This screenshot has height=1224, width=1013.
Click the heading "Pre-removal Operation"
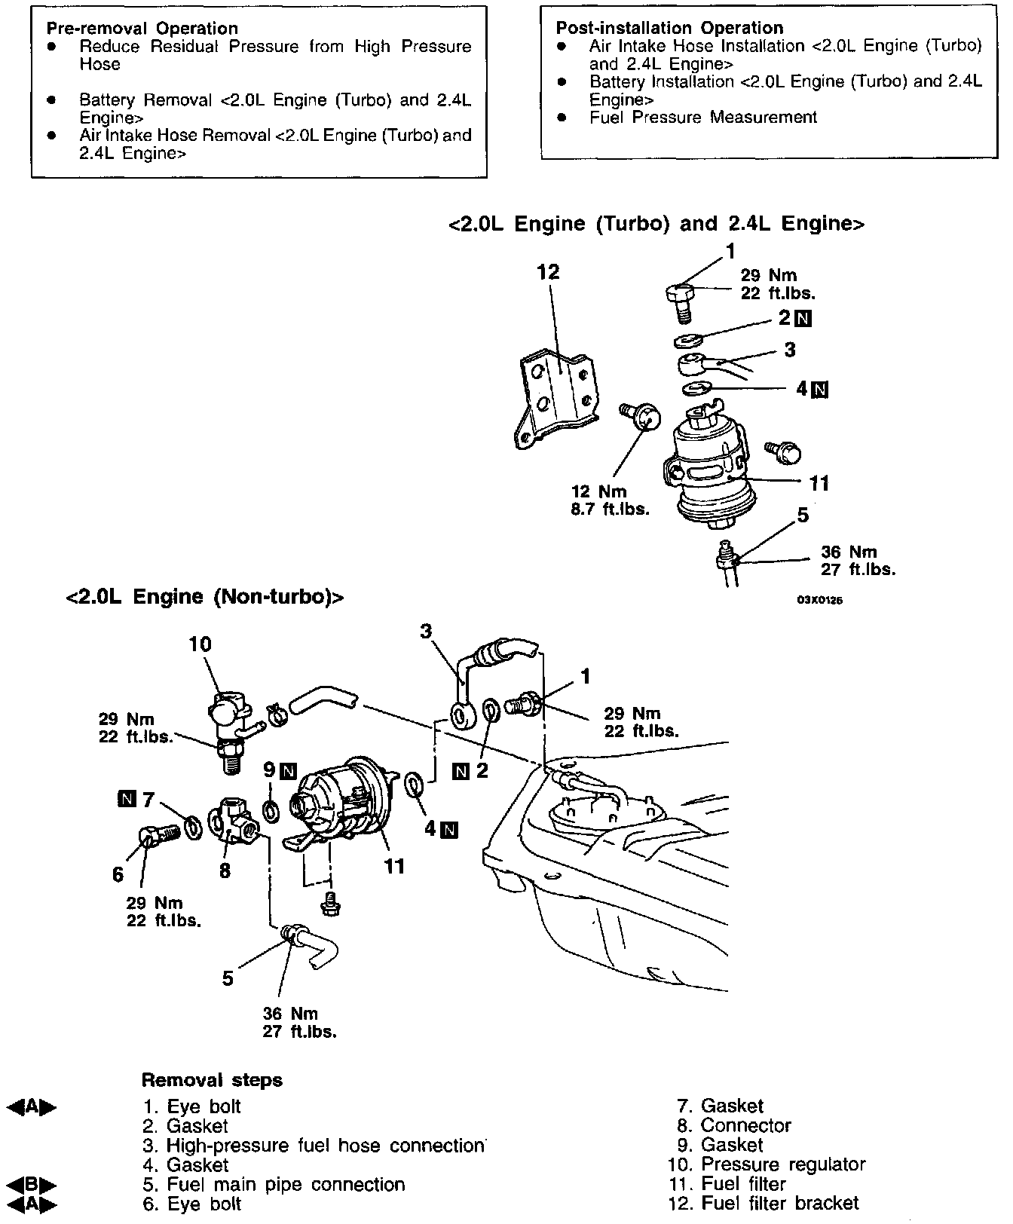pyautogui.click(x=142, y=29)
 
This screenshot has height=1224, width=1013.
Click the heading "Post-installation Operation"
pyautogui.click(x=669, y=29)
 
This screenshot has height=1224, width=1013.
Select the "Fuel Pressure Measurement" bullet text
pyautogui.click(x=702, y=118)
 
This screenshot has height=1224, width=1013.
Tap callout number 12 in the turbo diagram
pyautogui.click(x=548, y=272)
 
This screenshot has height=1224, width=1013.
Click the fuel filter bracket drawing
pyautogui.click(x=556, y=397)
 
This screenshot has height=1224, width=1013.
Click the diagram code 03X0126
pyautogui.click(x=819, y=601)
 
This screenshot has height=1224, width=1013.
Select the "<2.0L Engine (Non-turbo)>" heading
pyautogui.click(x=205, y=597)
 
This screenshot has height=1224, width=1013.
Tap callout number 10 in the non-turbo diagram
pyautogui.click(x=200, y=644)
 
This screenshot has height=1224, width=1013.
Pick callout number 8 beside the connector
pyautogui.click(x=224, y=871)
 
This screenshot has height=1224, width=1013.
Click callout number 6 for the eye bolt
pyautogui.click(x=118, y=874)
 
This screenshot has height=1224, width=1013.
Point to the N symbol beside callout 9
pyautogui.click(x=288, y=771)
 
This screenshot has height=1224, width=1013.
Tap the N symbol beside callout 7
pyautogui.click(x=126, y=799)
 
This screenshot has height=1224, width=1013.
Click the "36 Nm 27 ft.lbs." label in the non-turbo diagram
pyautogui.click(x=299, y=1023)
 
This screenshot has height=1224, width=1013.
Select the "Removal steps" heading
pyautogui.click(x=212, y=1080)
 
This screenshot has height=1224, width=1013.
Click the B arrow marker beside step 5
pyautogui.click(x=31, y=1183)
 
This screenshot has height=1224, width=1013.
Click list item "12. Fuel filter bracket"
pyautogui.click(x=763, y=1204)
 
